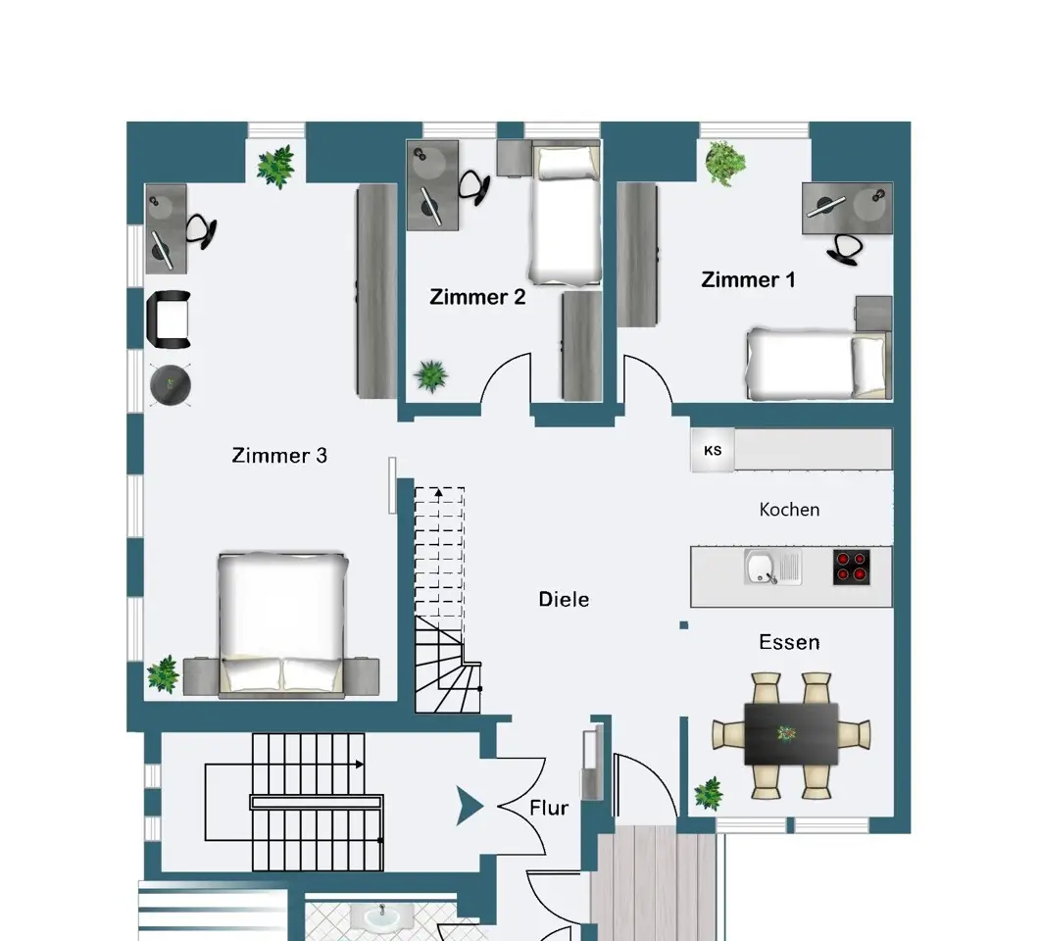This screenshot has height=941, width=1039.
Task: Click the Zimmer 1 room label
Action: pos(748,279)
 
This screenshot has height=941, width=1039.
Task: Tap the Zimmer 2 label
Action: pos(477,297)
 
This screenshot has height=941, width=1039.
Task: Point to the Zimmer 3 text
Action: pos(279,455)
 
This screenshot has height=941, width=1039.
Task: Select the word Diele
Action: pos(564,599)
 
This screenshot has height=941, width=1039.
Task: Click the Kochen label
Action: pos(789,510)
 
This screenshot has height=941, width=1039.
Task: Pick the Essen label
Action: pos(789,642)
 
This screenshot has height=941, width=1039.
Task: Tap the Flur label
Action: pos(549,808)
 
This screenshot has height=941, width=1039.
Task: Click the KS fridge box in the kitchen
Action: pos(713,451)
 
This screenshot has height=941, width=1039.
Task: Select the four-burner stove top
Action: pos(852,567)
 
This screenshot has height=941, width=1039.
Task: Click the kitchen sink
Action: pos(772,568)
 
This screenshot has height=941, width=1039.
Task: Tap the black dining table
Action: pos(791,734)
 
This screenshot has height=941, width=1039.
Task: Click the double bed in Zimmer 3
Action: pos(281,625)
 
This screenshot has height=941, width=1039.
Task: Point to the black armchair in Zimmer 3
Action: pos(169,320)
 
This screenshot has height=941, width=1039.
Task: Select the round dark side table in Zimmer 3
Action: pos(171,385)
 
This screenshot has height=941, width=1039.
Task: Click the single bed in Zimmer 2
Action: pos(566,214)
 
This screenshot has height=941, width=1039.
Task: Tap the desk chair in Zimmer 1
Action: pos(844,250)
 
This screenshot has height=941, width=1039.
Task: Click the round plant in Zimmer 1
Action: pos(725,162)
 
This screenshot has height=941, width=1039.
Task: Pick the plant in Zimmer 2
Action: pos(430,376)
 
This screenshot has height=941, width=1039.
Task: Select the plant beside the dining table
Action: pos(709,794)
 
